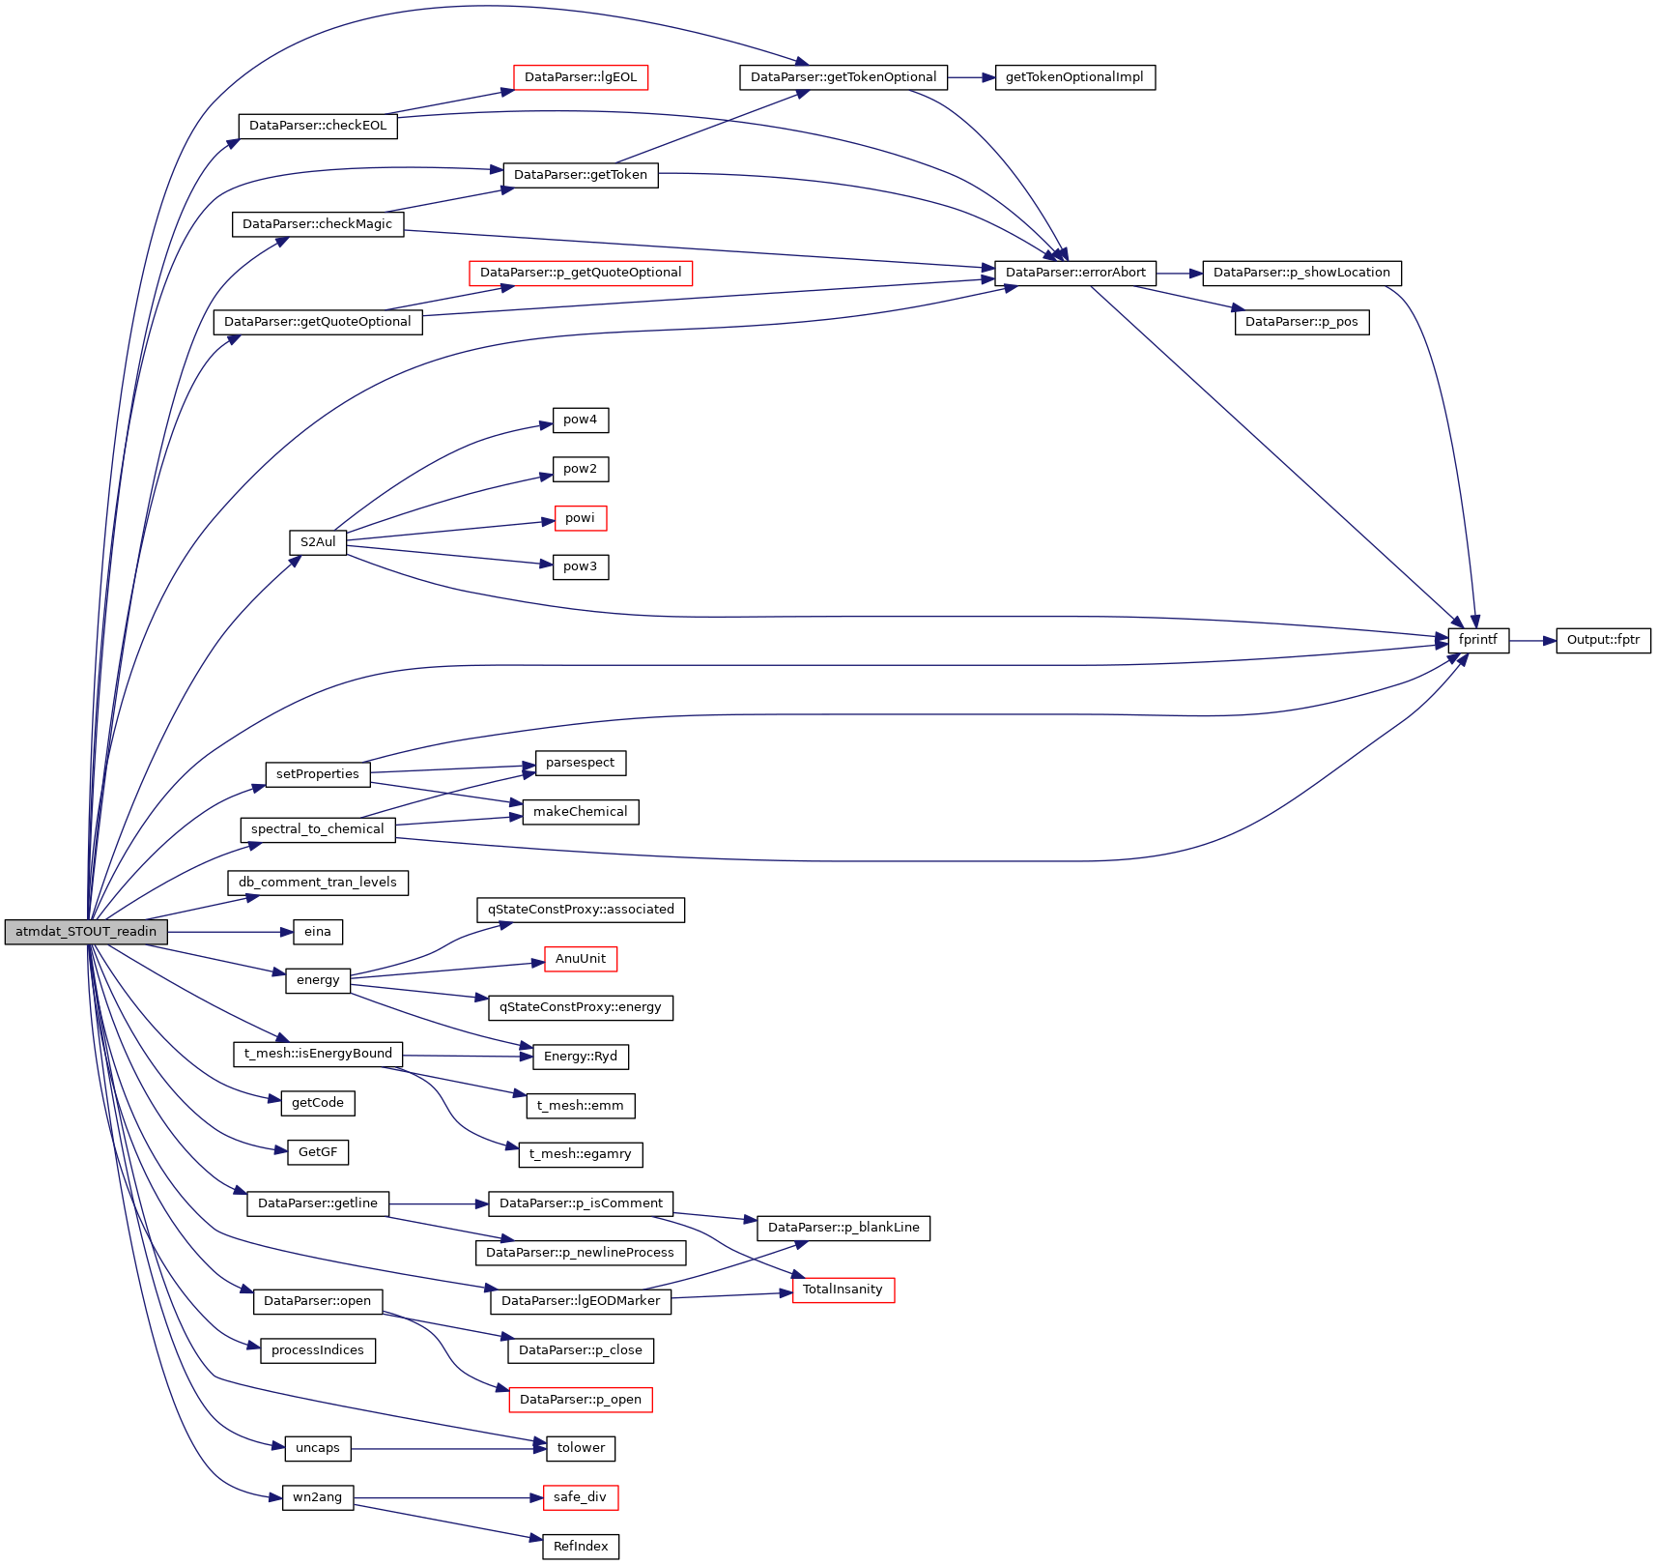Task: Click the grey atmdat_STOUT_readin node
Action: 85,932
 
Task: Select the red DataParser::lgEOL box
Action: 580,77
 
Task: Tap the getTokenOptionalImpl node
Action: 1074,77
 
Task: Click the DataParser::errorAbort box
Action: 1074,273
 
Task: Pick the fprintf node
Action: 1477,640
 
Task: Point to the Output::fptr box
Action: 1603,640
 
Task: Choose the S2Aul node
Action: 318,542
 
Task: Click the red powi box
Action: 580,518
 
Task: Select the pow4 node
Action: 580,420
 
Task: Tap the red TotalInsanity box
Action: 843,1290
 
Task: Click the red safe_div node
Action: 580,1497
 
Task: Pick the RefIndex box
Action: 580,1547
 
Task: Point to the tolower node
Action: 580,1448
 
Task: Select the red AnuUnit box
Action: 580,959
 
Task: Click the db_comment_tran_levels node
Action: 317,883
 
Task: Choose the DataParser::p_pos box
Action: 1301,322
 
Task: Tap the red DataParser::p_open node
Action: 580,1400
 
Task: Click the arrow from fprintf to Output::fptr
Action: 1532,640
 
